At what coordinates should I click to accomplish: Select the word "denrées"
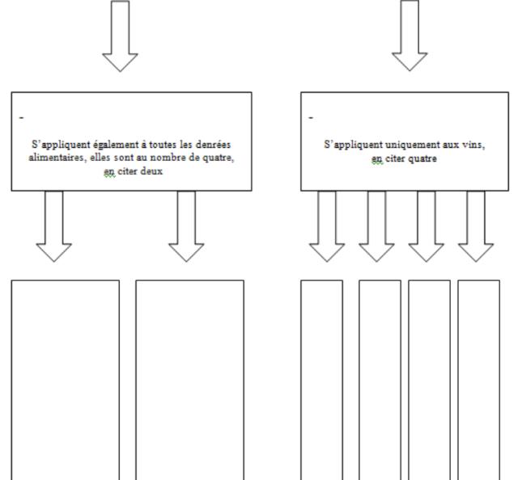[x=213, y=144]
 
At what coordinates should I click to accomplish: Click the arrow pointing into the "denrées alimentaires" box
[x=121, y=36]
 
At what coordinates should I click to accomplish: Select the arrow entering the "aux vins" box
[x=410, y=36]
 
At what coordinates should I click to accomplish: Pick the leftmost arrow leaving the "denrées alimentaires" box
[x=54, y=226]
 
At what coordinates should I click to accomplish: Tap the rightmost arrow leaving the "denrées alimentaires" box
[x=186, y=226]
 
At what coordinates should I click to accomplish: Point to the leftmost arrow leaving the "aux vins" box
[x=327, y=226]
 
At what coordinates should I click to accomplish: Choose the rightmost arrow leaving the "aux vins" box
[x=476, y=226]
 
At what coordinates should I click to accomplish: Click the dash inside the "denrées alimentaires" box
[x=22, y=117]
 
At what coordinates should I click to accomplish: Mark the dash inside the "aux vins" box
[x=311, y=117]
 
